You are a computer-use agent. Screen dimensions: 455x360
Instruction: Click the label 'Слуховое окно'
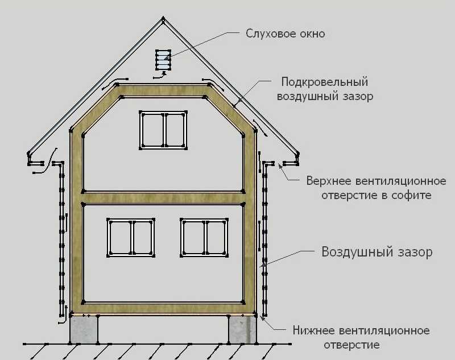pos(286,34)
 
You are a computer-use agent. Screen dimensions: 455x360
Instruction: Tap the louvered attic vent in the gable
pos(163,60)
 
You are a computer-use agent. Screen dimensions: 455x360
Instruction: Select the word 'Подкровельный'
pos(324,82)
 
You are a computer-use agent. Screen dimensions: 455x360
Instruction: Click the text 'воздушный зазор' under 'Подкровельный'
pos(325,96)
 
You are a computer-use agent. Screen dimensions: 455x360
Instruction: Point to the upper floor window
pos(163,130)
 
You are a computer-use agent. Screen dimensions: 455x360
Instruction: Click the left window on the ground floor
pos(131,238)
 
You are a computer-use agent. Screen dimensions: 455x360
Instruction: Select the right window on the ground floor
pos(204,238)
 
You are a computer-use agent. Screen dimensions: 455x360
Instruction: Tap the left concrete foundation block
pos(84,329)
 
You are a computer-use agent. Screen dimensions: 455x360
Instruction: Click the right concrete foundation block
pos(243,329)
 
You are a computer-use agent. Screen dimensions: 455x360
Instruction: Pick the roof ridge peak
pos(163,18)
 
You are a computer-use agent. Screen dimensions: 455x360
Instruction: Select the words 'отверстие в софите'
pos(377,195)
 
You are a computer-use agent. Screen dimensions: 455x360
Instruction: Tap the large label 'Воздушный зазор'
pos(377,252)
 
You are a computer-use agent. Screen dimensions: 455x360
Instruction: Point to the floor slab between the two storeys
pos(163,198)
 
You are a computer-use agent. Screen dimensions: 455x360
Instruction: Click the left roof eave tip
pos(29,154)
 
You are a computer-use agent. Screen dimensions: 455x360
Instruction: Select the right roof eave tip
pos(297,154)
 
